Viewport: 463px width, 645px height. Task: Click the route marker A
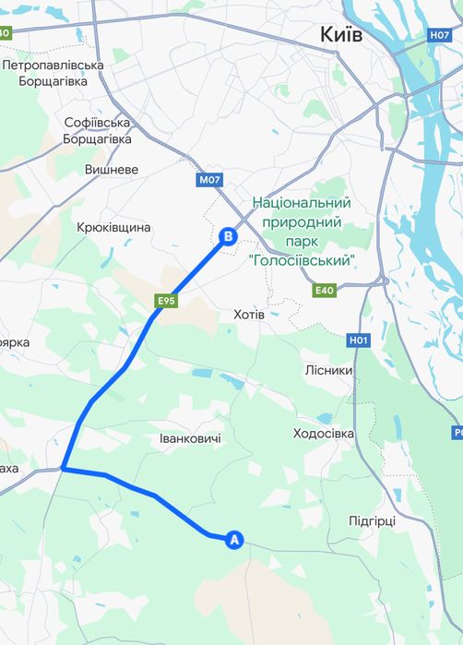pyautogui.click(x=234, y=540)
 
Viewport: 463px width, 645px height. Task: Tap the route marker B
pyautogui.click(x=228, y=237)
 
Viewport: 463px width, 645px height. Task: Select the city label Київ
pyautogui.click(x=341, y=34)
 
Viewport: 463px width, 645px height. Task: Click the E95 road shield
pyautogui.click(x=166, y=300)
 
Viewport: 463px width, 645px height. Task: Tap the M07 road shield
pyautogui.click(x=209, y=180)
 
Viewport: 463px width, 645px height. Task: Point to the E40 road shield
pyautogui.click(x=325, y=291)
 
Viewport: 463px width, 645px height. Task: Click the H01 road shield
pyautogui.click(x=359, y=340)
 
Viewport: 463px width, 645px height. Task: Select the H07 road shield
pyautogui.click(x=440, y=35)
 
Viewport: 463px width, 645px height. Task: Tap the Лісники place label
pyautogui.click(x=328, y=369)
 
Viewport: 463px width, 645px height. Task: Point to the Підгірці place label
pyautogui.click(x=373, y=520)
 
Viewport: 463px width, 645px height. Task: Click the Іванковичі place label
pyautogui.click(x=190, y=437)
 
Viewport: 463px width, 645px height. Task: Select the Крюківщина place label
pyautogui.click(x=113, y=227)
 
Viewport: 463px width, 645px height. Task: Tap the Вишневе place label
pyautogui.click(x=111, y=170)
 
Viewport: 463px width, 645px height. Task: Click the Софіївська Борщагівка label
pyautogui.click(x=98, y=130)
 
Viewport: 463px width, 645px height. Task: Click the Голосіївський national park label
pyautogui.click(x=302, y=232)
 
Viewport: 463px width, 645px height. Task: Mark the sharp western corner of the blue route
pyautogui.click(x=63, y=469)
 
